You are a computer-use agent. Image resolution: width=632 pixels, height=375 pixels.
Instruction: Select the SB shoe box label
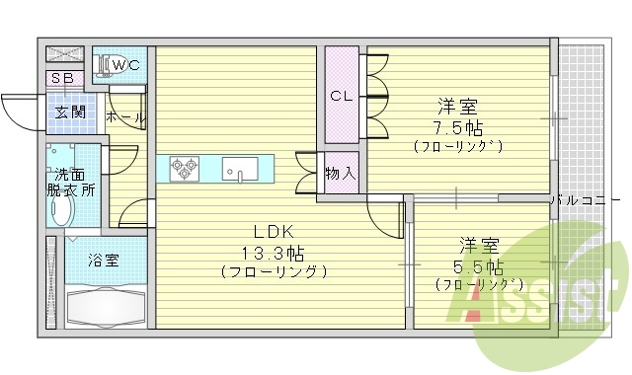pyautogui.click(x=61, y=78)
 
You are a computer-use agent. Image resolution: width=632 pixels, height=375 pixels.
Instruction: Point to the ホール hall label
pyautogui.click(x=125, y=117)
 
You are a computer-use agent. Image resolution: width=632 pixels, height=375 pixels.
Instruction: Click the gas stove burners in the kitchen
pyautogui.click(x=184, y=169)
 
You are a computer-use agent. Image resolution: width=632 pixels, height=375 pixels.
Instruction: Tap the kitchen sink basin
pyautogui.click(x=239, y=169)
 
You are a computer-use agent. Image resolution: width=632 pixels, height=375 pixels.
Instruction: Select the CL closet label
pyautogui.click(x=342, y=96)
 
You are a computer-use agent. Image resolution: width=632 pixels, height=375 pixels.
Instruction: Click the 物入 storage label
pyautogui.click(x=340, y=173)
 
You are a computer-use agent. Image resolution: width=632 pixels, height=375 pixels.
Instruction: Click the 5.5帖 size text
pyautogui.click(x=481, y=266)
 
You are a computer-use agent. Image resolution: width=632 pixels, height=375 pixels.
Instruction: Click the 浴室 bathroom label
pyautogui.click(x=104, y=261)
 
